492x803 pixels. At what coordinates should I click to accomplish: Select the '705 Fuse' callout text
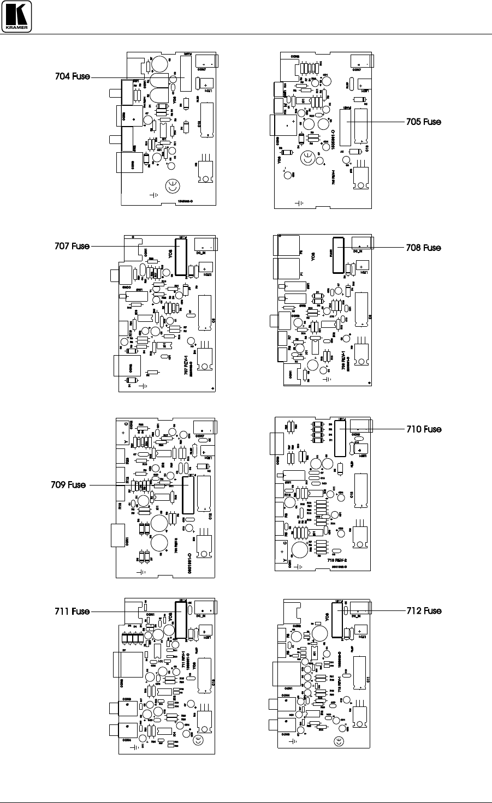coord(423,122)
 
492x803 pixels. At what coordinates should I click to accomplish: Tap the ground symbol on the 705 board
coord(298,203)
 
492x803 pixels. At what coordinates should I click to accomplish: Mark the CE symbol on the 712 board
coord(339,741)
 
